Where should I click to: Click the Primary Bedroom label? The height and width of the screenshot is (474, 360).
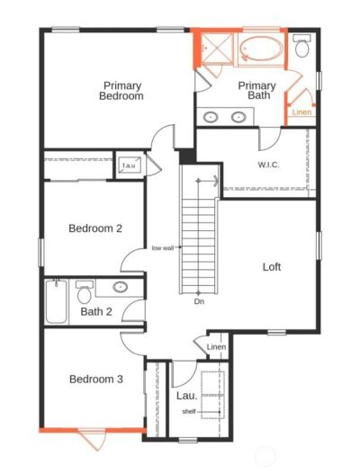(121, 91)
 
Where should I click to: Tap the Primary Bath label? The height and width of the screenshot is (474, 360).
(256, 90)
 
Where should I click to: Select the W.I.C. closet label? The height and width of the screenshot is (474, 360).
(268, 165)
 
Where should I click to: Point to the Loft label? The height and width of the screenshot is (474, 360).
(272, 266)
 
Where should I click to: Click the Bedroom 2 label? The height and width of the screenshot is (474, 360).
(95, 228)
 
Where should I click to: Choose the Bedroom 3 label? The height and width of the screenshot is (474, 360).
(96, 379)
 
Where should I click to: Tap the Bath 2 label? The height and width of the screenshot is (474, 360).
(96, 311)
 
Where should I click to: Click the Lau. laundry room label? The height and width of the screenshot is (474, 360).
(186, 396)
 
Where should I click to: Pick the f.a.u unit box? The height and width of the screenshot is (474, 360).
(130, 165)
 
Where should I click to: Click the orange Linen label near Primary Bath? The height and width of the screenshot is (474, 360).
(301, 112)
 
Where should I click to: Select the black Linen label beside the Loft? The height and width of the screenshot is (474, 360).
(216, 347)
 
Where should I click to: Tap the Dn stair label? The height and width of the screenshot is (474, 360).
(199, 301)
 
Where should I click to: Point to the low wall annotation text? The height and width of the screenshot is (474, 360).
(163, 248)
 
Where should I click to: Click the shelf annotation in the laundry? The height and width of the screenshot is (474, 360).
(189, 411)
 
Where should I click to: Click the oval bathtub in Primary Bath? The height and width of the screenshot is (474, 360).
(262, 49)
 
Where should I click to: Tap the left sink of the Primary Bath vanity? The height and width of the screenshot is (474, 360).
(211, 117)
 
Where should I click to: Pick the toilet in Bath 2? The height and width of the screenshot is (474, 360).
(84, 292)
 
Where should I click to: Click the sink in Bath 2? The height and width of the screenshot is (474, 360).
(120, 287)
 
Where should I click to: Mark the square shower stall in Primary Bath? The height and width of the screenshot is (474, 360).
(217, 49)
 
